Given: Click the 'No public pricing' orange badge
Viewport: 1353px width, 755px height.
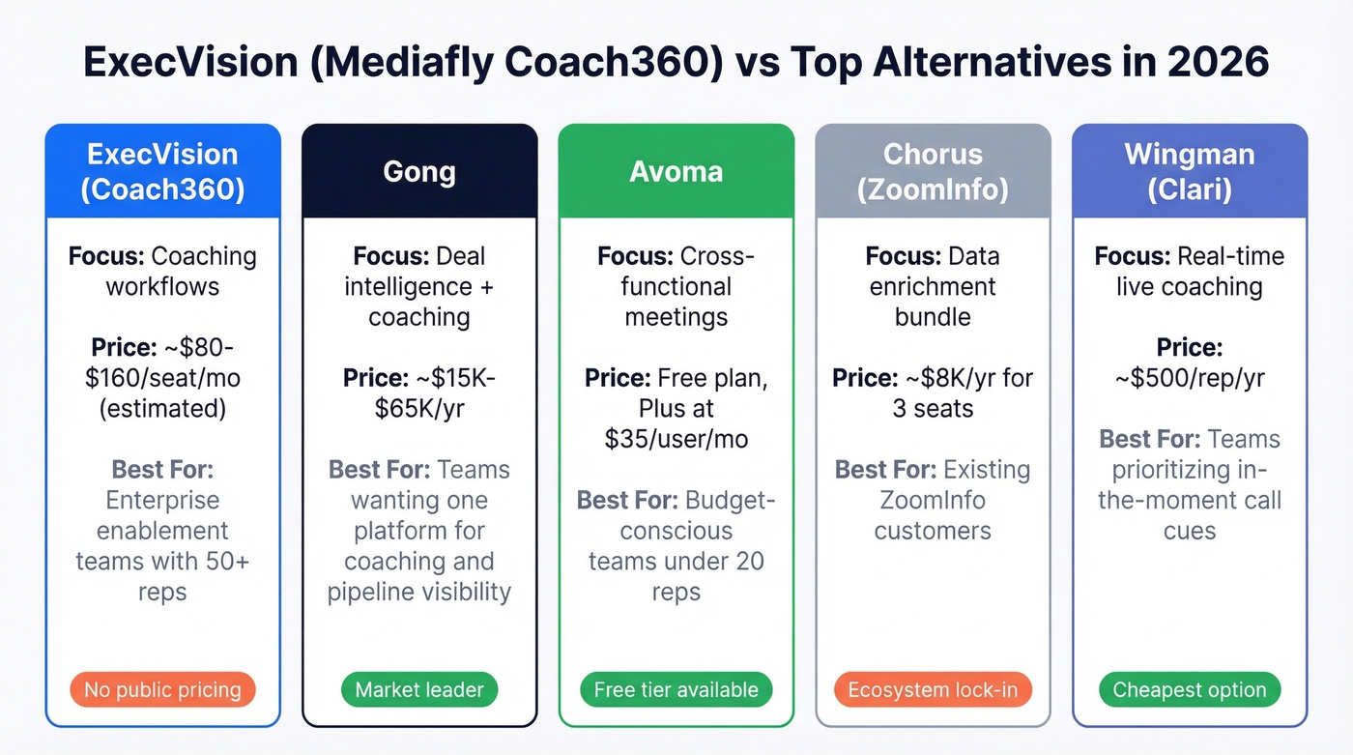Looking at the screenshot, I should pyautogui.click(x=162, y=690).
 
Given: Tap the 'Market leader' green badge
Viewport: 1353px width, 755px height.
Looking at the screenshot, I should pyautogui.click(x=418, y=690).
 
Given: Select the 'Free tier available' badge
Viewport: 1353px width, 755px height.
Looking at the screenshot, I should pyautogui.click(x=676, y=690).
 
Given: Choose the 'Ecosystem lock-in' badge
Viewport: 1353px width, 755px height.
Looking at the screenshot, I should pyautogui.click(x=933, y=690).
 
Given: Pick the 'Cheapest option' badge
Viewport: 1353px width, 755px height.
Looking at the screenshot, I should pyautogui.click(x=1190, y=690).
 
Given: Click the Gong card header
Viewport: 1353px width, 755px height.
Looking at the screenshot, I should pyautogui.click(x=419, y=171).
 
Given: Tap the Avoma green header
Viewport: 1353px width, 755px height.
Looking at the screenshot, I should pyautogui.click(x=676, y=171).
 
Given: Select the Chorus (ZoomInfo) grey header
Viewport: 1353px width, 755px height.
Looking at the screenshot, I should pyautogui.click(x=933, y=171).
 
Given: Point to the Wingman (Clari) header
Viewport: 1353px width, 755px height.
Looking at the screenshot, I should pyautogui.click(x=1190, y=171).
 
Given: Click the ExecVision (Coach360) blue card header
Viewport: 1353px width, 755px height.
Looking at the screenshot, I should pyautogui.click(x=162, y=171).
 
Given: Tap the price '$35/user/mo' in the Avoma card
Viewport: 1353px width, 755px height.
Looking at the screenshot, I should pyautogui.click(x=676, y=438).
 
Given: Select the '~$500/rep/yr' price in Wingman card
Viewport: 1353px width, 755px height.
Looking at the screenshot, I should pyautogui.click(x=1190, y=377).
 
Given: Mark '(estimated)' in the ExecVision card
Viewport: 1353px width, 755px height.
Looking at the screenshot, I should pyautogui.click(x=162, y=408).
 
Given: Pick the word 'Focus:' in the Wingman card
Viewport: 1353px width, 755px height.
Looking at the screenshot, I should pyautogui.click(x=1132, y=256).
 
